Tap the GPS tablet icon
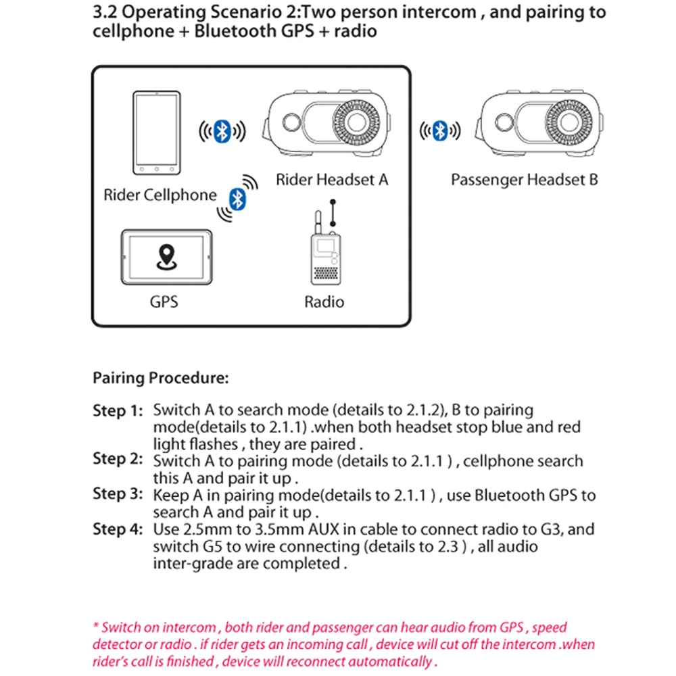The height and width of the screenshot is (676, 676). coord(166,259)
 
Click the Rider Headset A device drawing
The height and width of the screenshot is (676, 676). coord(328,122)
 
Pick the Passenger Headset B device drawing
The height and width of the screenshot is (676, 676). coord(537,122)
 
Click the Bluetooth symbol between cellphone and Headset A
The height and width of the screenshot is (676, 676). coord(221,130)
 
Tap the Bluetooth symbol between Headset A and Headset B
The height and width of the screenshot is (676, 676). coord(440,130)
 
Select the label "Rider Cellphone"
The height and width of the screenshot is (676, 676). coord(160,195)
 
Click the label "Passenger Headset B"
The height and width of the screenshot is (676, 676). coord(524,180)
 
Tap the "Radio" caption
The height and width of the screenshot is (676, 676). coord(324,301)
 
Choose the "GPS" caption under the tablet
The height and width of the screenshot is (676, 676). coord(164,301)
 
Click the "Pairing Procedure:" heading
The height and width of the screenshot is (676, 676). coord(161,378)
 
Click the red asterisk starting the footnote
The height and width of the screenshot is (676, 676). coord(96,627)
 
